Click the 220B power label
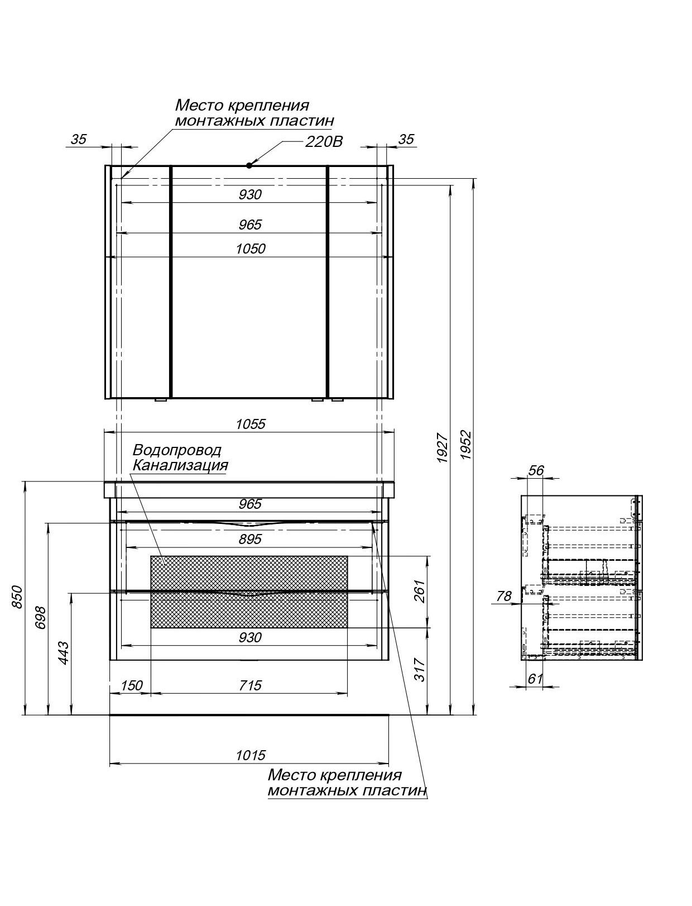324,142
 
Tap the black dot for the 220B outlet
249,165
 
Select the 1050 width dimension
251,249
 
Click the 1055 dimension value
251,425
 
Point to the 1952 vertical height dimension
466,445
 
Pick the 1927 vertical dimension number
443,448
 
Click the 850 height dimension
17,597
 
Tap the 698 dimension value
40,617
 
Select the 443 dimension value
63,652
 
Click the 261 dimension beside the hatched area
419,591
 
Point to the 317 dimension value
419,670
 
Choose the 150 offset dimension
132,685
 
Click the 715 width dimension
251,685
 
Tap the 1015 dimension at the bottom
251,755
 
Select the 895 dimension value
251,539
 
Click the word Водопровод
177,450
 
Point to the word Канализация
180,466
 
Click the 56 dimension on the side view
536,470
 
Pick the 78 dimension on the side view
504,596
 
